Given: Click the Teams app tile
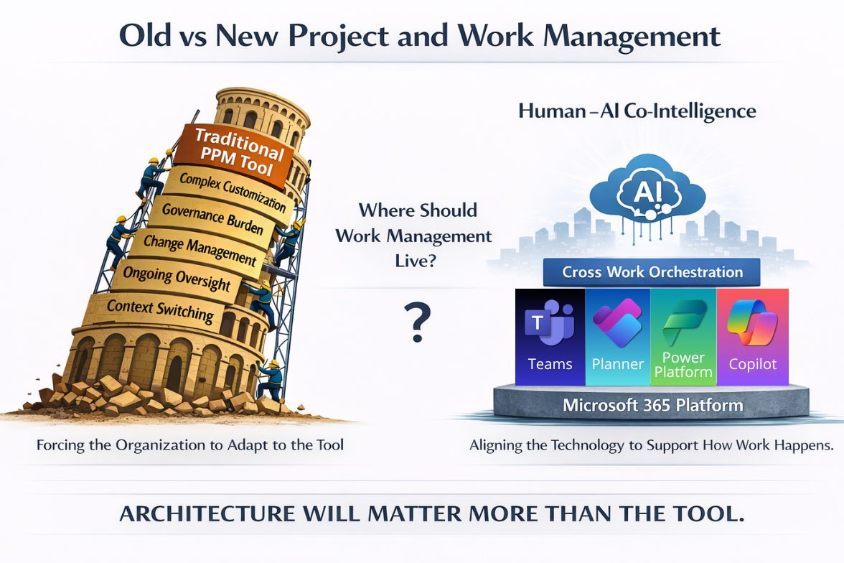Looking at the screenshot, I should [x=549, y=337].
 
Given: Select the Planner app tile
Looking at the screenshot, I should [x=617, y=337].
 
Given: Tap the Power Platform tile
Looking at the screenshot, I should [x=683, y=337].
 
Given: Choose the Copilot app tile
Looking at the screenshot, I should [x=752, y=337].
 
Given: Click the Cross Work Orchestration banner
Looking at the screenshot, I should [x=652, y=272].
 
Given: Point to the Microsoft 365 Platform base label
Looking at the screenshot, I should [x=652, y=405].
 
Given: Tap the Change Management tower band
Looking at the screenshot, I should [x=199, y=248].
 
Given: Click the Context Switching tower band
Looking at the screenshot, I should [x=159, y=310].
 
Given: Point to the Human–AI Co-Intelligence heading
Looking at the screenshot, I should [x=637, y=111].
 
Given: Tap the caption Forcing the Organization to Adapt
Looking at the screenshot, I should [x=190, y=445].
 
